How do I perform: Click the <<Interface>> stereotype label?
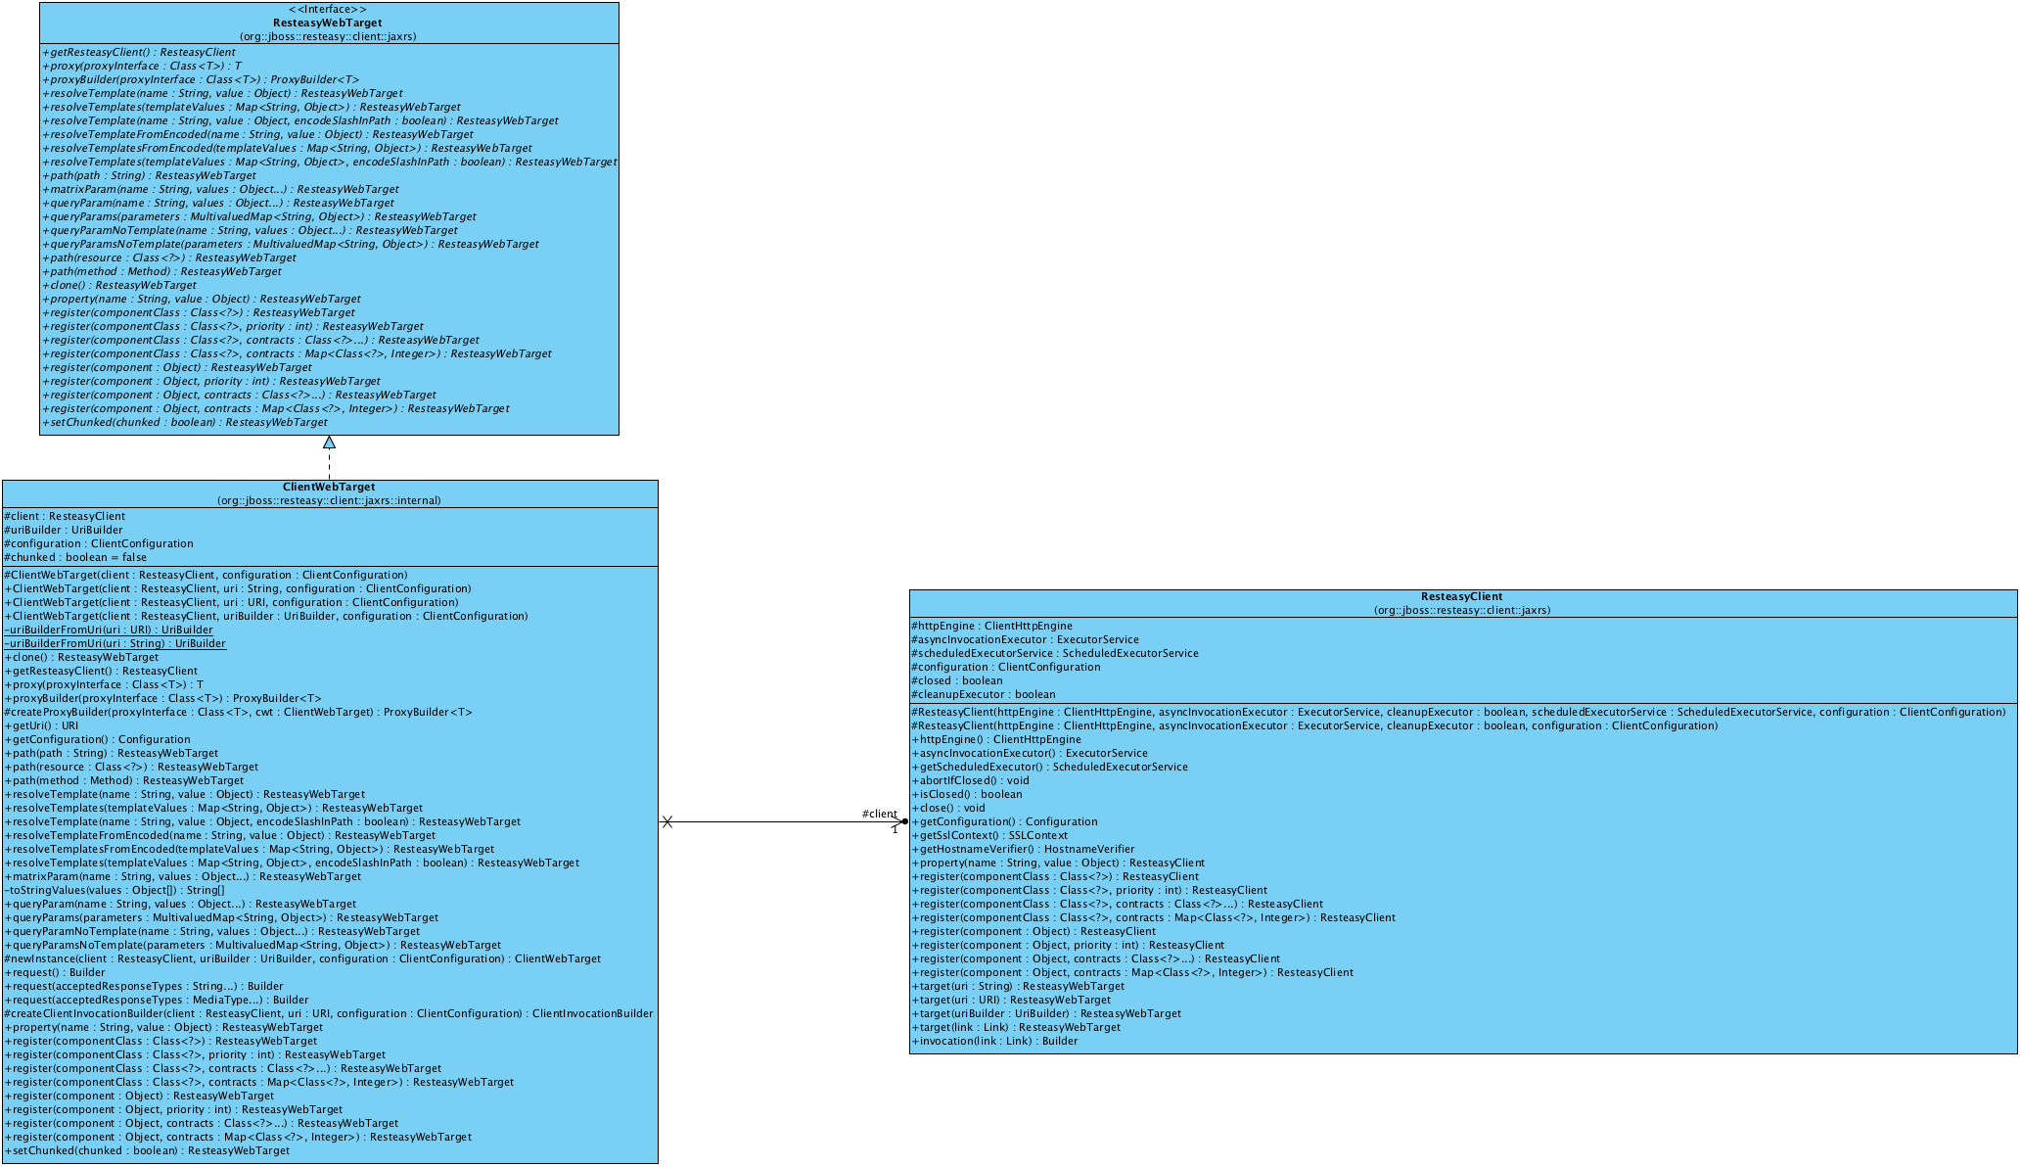(x=328, y=9)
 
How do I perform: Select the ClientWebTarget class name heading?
(x=328, y=487)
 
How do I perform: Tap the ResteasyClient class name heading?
(x=1461, y=596)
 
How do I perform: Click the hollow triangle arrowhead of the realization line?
(x=329, y=443)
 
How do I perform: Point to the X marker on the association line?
(x=666, y=822)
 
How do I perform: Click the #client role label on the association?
(x=879, y=814)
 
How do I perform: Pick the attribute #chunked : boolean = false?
(x=75, y=557)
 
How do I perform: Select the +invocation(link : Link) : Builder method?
(x=994, y=1041)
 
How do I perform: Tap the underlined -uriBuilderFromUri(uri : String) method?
(x=115, y=643)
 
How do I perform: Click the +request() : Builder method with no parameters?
(x=55, y=972)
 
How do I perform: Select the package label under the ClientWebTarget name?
(x=329, y=500)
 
